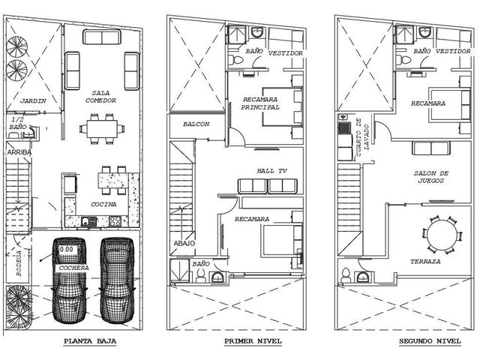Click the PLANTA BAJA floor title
[x=90, y=341]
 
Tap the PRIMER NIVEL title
[x=253, y=341]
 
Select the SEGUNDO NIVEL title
[x=430, y=341]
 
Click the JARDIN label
[x=33, y=100]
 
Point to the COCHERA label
[x=73, y=268]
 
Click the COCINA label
[x=103, y=204]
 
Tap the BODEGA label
[x=19, y=263]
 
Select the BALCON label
[x=196, y=124]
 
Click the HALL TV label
[x=271, y=171]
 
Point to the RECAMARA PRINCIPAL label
[x=260, y=103]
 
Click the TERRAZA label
[x=425, y=262]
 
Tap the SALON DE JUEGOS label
[x=431, y=177]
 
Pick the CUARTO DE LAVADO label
[x=362, y=137]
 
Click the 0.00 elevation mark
[x=67, y=250]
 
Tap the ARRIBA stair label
[x=19, y=152]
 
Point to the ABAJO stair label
[x=184, y=243]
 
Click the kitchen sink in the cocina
[x=89, y=221]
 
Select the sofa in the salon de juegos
[x=431, y=148]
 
